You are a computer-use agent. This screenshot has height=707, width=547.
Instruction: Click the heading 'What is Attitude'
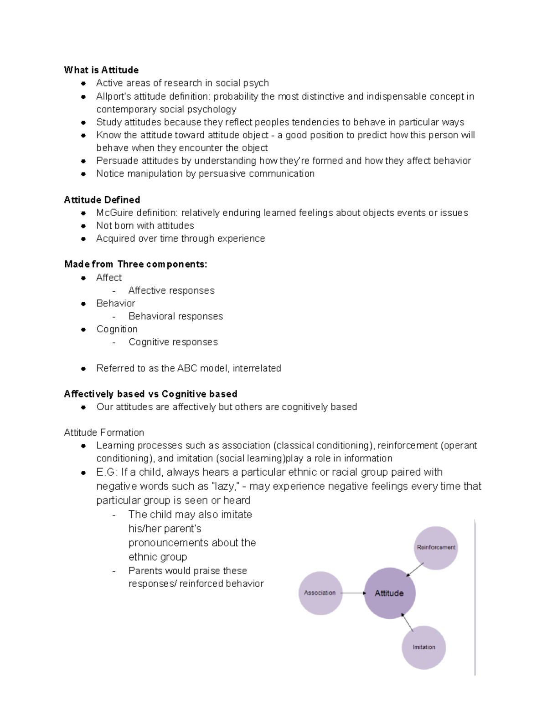[101, 70]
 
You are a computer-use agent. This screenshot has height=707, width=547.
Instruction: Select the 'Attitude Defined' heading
[102, 200]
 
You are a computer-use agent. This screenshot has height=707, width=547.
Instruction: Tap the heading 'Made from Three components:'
[136, 264]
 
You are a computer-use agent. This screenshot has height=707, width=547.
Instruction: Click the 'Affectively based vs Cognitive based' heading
[150, 394]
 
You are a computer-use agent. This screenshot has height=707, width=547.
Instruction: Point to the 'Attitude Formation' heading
[104, 432]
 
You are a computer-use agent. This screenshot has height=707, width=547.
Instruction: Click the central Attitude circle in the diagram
[389, 593]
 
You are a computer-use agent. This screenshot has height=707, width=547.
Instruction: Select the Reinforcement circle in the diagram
[436, 548]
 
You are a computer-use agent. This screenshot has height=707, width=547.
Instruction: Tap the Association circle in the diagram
[320, 593]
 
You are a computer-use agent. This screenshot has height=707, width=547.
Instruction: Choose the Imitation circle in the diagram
[423, 647]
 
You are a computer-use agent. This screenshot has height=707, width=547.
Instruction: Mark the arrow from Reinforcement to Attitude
[415, 570]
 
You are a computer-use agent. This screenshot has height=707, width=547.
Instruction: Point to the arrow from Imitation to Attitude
[408, 622]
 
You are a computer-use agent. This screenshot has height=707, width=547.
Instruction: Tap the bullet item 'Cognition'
[117, 329]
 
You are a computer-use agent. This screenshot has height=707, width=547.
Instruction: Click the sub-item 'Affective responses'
[171, 290]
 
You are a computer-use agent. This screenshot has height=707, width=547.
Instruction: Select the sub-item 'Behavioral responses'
[175, 316]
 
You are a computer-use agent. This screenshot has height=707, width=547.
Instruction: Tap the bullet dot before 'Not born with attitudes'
[83, 226]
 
